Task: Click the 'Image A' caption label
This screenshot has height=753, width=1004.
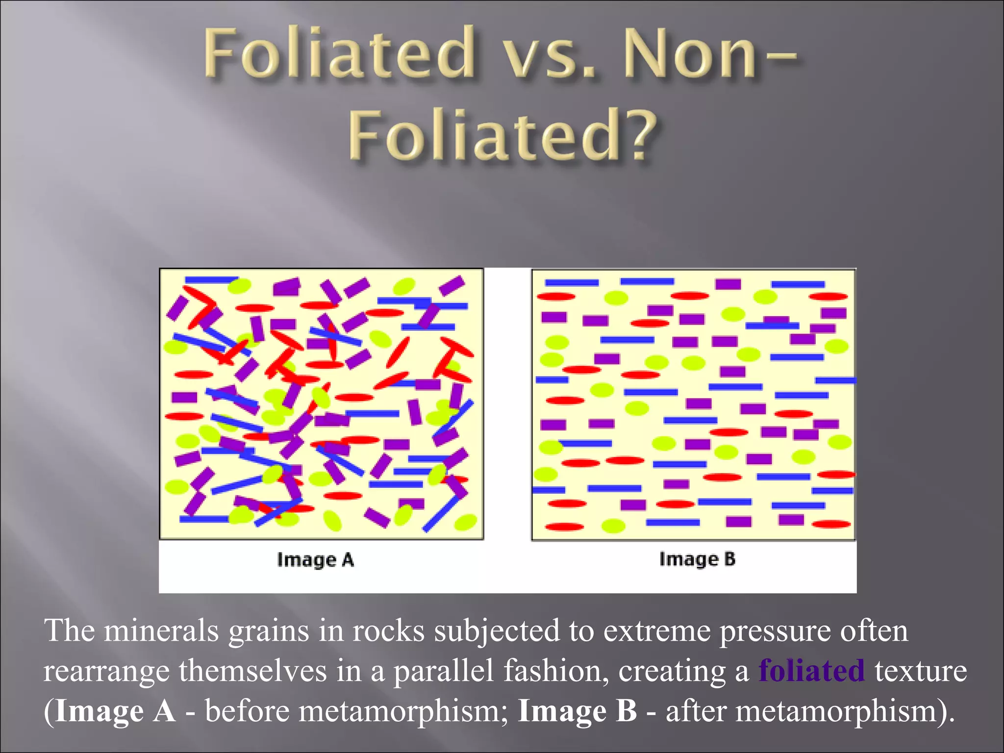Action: [x=315, y=559]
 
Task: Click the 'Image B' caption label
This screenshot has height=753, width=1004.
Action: [x=697, y=559]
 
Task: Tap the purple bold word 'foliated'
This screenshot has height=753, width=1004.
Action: [x=811, y=671]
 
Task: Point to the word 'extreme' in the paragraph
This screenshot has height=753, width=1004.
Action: [x=656, y=630]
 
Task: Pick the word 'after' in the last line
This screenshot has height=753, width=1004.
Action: [x=695, y=711]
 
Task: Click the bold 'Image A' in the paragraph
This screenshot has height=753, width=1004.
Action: [x=115, y=711]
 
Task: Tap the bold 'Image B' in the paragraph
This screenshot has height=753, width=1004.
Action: [x=577, y=711]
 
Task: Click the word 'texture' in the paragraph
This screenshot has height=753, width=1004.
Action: [x=921, y=671]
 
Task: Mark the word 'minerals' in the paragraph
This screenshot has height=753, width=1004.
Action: [x=161, y=630]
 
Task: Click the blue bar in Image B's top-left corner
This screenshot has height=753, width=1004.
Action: [x=572, y=283]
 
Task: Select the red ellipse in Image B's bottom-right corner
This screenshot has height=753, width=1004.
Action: [x=831, y=524]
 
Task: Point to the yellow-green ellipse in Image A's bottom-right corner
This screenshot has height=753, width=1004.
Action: [x=465, y=522]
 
